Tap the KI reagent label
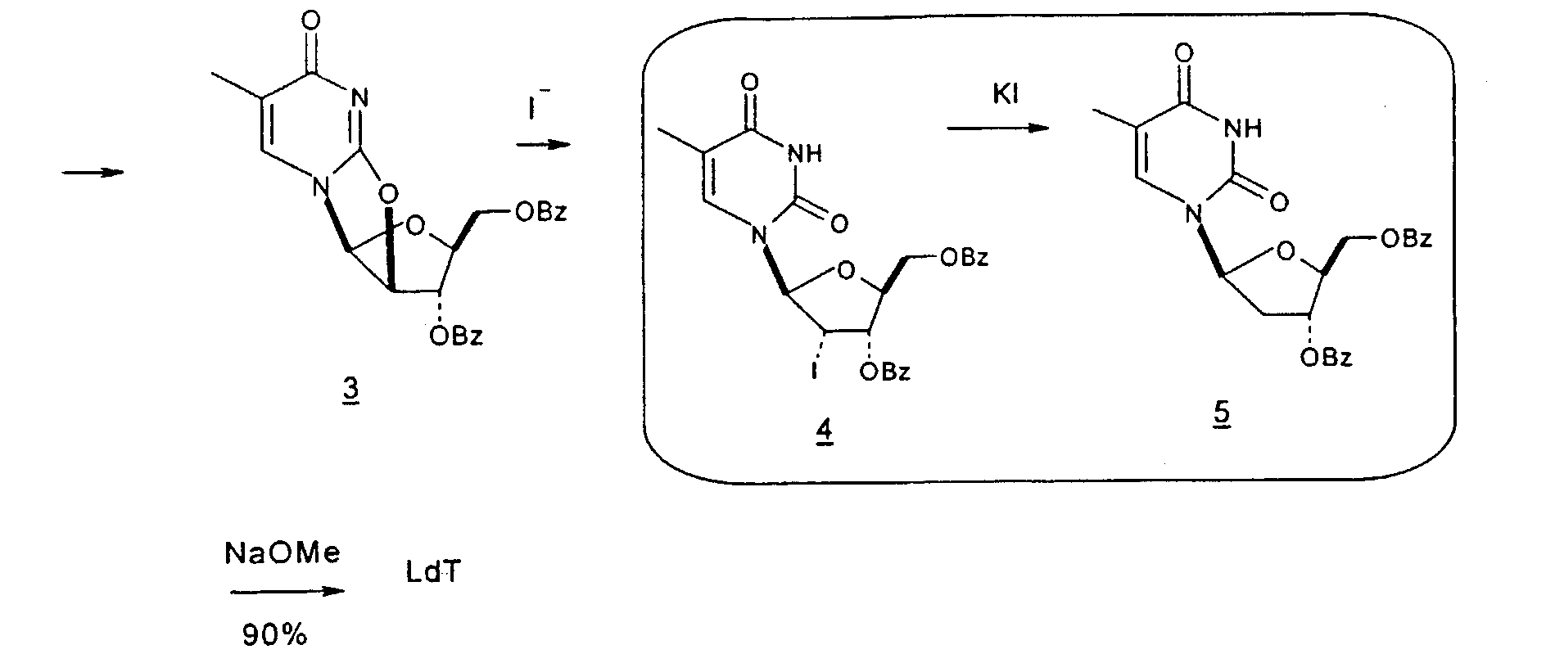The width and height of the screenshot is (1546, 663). tap(1005, 94)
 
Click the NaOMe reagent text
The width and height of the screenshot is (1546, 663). tap(283, 554)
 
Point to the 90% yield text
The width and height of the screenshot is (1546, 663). tap(275, 634)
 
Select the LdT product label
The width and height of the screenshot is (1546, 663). tap(433, 573)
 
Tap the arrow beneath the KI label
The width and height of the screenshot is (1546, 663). tap(999, 129)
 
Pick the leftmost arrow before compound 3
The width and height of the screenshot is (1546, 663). tap(93, 173)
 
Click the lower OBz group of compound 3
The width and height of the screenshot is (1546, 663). tap(455, 336)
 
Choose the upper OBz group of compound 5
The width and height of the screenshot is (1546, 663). tap(1405, 238)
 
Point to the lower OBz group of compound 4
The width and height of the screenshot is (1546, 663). tap(885, 372)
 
